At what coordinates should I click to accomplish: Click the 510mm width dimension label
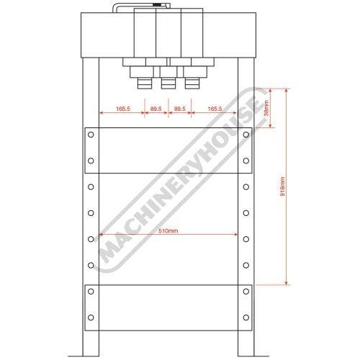pyautogui.click(x=168, y=231)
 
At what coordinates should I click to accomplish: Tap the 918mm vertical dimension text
pyautogui.click(x=283, y=186)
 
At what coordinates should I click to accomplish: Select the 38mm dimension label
pyautogui.click(x=266, y=108)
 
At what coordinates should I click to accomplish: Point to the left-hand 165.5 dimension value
pyautogui.click(x=123, y=109)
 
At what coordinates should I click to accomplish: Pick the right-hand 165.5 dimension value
pyautogui.click(x=215, y=109)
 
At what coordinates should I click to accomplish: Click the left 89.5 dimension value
pyautogui.click(x=156, y=109)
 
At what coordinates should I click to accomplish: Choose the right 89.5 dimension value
pyautogui.click(x=180, y=109)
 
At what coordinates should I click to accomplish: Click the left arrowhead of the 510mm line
pyautogui.click(x=102, y=235)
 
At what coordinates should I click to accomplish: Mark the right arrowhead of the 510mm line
pyautogui.click(x=235, y=235)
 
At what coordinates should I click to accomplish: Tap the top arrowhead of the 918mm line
pyautogui.click(x=286, y=91)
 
